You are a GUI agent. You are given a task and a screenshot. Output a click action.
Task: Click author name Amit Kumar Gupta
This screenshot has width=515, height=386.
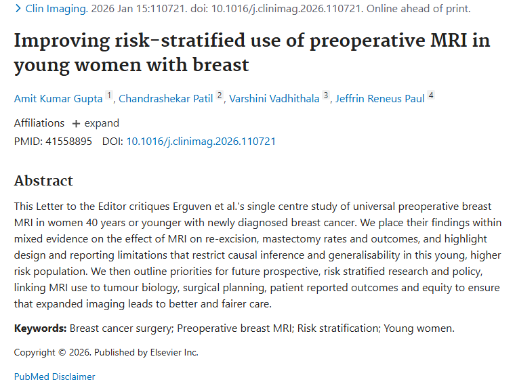58,99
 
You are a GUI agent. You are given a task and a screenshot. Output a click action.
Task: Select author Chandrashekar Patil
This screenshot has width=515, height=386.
165,99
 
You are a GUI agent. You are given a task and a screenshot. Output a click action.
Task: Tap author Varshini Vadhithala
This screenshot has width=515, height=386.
274,99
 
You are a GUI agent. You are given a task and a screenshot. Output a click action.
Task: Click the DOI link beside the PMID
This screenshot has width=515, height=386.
201,142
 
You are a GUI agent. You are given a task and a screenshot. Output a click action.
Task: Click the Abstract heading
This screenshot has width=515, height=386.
43,181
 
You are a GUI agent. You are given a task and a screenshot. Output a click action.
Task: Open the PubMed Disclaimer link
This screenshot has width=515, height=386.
54,377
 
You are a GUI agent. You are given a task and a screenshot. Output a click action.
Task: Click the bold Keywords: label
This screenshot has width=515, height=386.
40,328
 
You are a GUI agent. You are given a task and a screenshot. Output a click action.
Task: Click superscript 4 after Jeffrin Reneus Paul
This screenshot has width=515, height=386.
430,96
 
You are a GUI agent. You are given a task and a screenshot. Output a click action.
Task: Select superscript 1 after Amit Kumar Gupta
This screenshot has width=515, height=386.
109,96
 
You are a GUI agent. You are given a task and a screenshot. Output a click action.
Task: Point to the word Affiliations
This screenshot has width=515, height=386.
39,123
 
